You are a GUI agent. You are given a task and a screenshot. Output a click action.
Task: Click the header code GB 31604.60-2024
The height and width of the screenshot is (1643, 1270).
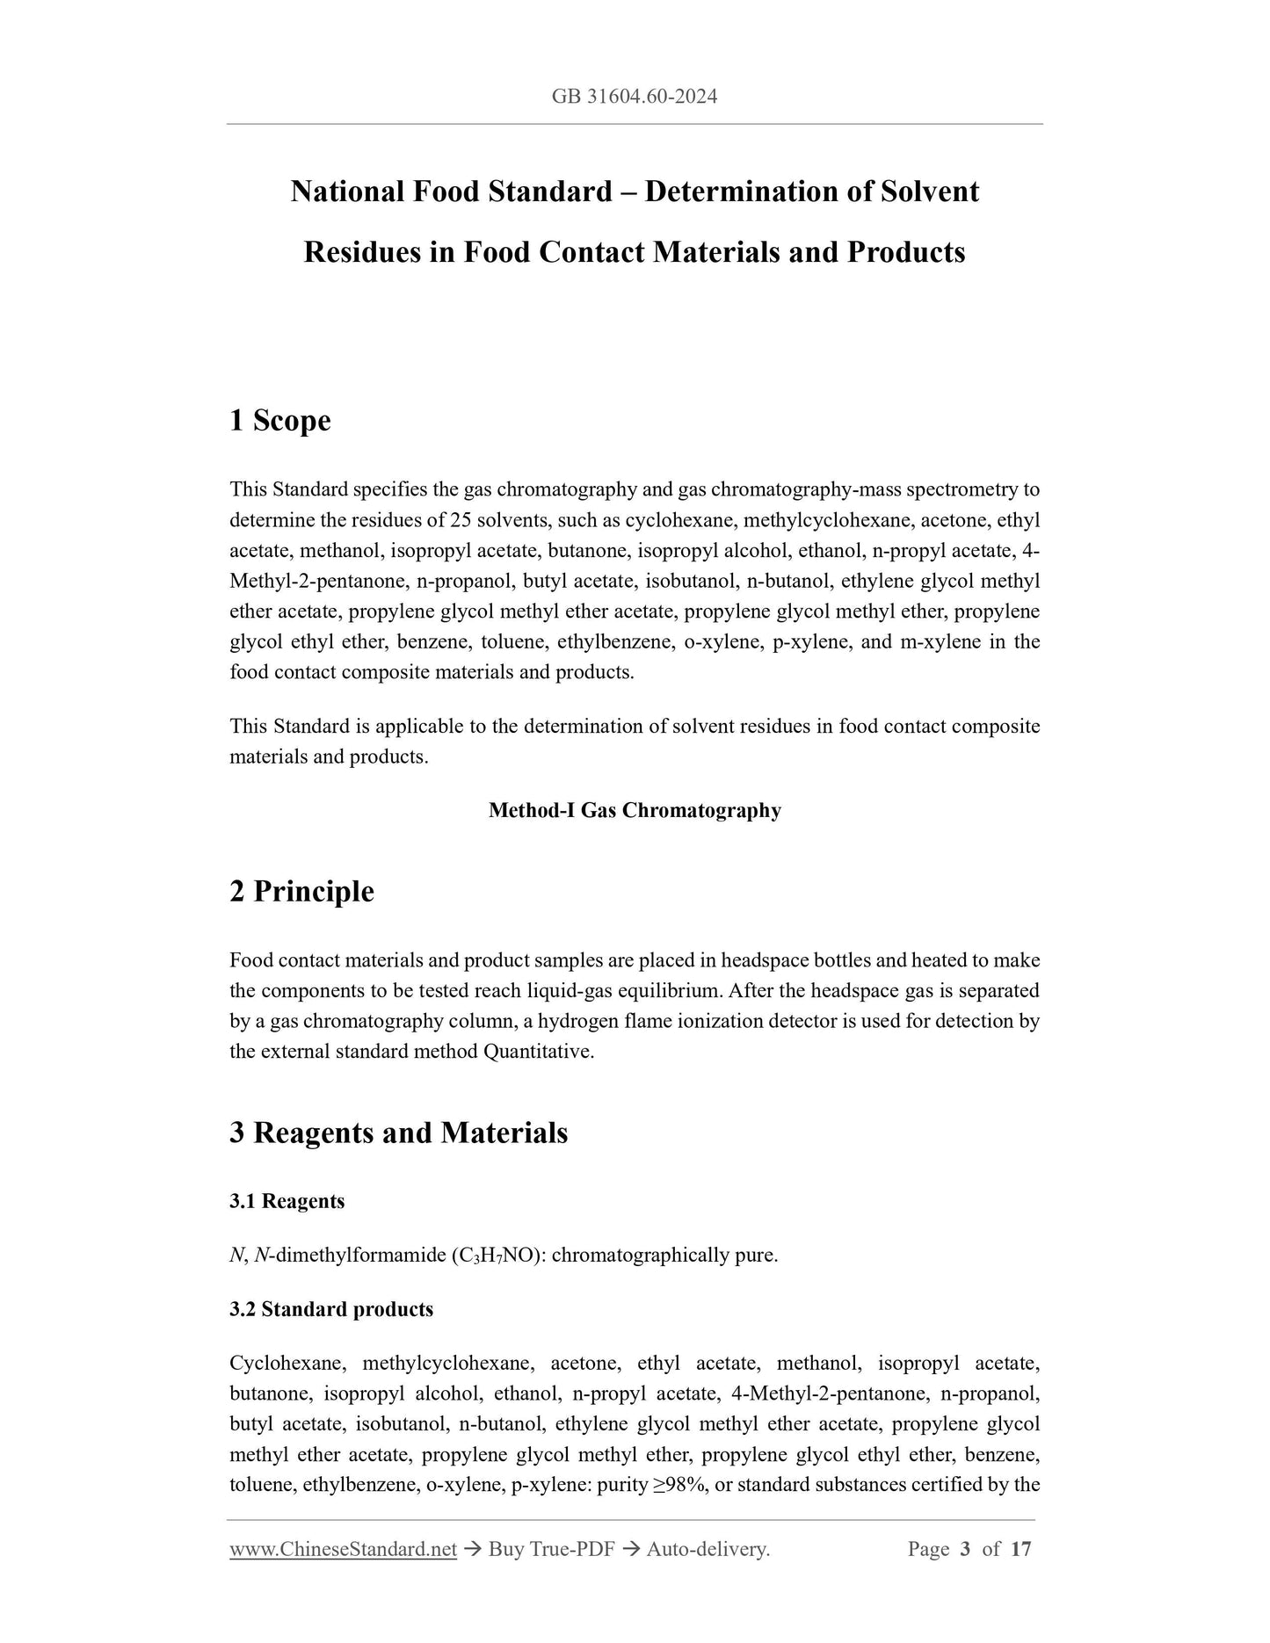pos(635,97)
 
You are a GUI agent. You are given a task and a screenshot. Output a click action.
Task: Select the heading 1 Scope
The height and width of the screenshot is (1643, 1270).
pos(279,420)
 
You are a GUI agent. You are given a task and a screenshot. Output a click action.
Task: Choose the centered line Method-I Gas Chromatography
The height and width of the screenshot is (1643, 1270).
pos(635,810)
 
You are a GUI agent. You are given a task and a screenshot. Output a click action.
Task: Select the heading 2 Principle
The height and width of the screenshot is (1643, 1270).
pos(301,891)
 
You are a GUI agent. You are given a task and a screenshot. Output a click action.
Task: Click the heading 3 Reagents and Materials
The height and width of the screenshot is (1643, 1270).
pos(398,1133)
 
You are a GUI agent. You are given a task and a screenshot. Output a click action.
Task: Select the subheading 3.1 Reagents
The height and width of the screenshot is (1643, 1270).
pos(287,1201)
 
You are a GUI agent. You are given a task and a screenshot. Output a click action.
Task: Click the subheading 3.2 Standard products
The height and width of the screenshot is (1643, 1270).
pos(331,1309)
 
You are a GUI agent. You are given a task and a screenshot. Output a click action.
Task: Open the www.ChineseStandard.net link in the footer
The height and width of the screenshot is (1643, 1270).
pos(343,1549)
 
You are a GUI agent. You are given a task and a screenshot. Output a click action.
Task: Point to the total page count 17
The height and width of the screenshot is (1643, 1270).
pos(1020,1549)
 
